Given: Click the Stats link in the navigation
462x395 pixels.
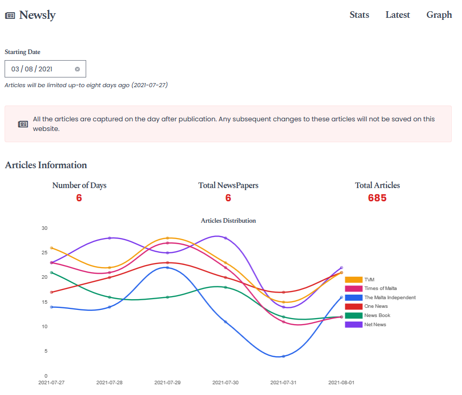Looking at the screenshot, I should (x=359, y=15).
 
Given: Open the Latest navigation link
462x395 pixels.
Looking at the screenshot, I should (x=397, y=15).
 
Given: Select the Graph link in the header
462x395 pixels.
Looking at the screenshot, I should (x=439, y=15).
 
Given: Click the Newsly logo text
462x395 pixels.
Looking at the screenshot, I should (x=37, y=15).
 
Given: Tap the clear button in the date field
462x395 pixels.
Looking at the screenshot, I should (x=78, y=69).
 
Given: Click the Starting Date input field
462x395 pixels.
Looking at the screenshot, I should (x=38, y=69).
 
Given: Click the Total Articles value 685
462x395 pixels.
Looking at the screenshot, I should (x=377, y=198).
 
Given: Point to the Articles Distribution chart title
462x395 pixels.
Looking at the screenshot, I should (x=228, y=221).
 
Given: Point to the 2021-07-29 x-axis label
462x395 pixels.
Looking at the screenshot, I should (x=167, y=382).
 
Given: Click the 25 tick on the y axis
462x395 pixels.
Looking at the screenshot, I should (x=44, y=253).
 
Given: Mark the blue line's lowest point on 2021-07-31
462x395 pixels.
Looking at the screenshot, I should (x=284, y=356).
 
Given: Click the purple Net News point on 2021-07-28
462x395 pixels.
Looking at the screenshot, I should (x=110, y=238).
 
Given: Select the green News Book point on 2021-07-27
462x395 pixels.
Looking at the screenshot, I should (x=52, y=273).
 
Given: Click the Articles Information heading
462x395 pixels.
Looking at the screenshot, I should (x=46, y=165).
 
